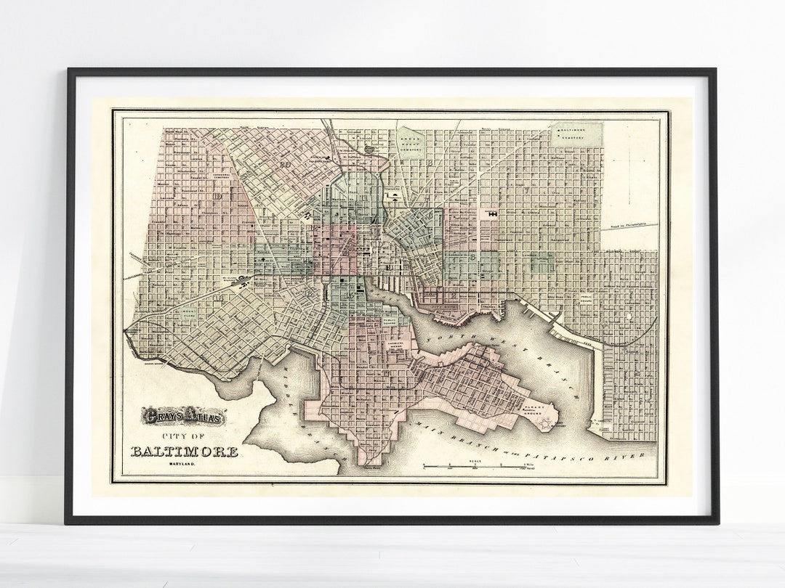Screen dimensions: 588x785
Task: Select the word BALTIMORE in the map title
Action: click(184, 452)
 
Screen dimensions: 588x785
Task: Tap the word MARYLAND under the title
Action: click(184, 465)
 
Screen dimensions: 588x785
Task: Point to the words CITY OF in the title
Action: click(185, 436)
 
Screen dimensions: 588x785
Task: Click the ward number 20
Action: click(286, 166)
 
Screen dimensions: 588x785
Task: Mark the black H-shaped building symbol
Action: click(494, 215)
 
